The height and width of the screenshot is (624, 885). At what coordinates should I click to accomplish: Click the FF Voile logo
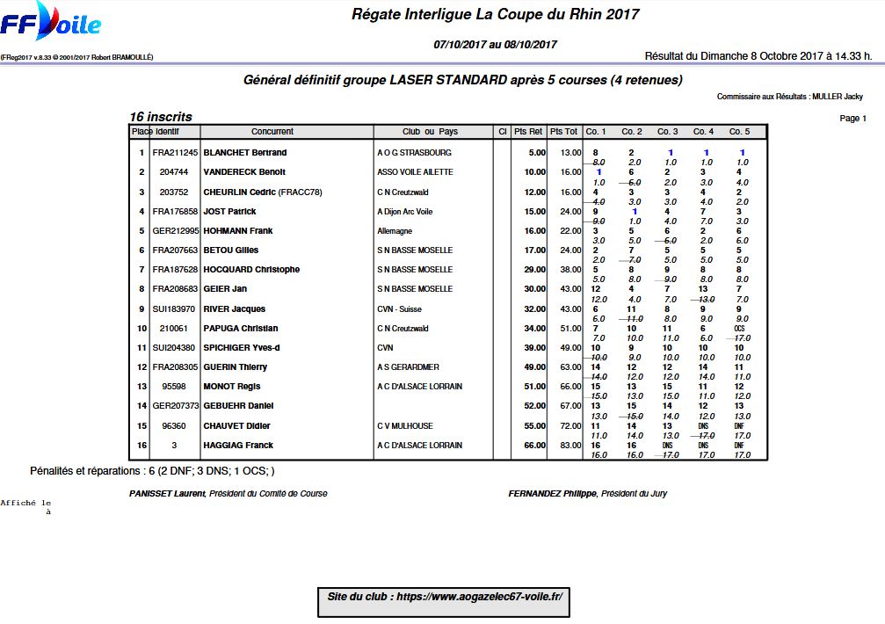(x=51, y=24)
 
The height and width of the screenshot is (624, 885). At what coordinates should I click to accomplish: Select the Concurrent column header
(x=272, y=132)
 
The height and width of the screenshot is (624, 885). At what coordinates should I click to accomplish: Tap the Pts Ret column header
(x=528, y=132)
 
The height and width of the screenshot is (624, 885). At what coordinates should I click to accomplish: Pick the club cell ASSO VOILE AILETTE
(x=415, y=172)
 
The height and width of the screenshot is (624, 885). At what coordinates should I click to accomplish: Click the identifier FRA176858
(x=176, y=212)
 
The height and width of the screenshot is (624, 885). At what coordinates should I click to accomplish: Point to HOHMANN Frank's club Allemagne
(x=395, y=231)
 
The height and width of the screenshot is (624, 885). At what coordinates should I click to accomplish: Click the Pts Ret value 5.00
(x=536, y=153)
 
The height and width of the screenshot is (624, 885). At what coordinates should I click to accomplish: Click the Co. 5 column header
(x=739, y=132)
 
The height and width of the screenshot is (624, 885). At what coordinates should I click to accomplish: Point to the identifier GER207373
(x=176, y=406)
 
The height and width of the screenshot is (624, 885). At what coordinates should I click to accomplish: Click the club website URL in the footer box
(x=445, y=597)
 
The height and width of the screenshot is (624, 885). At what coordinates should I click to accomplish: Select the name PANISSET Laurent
(x=168, y=494)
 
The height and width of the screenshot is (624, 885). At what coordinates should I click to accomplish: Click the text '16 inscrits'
(x=161, y=117)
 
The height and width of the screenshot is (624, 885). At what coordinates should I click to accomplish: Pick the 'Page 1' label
(x=852, y=118)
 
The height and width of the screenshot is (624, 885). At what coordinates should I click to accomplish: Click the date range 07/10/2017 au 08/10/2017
(x=496, y=44)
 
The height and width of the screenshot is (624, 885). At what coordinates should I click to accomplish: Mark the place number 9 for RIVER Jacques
(x=141, y=309)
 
